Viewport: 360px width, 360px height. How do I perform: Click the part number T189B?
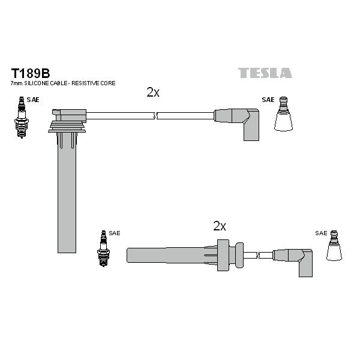[x=31, y=73]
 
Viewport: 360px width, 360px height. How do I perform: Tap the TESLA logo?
[x=265, y=73]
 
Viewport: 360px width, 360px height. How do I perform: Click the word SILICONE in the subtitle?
[x=37, y=83]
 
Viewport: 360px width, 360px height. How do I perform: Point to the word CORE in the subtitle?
[x=108, y=83]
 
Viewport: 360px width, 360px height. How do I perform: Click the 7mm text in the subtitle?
[x=17, y=83]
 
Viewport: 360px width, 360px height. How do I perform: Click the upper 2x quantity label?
[x=153, y=92]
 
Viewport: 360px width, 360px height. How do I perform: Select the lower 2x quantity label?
[x=220, y=226]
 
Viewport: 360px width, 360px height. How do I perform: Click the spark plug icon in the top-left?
[x=22, y=118]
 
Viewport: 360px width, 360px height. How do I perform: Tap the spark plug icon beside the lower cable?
[x=104, y=248]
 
